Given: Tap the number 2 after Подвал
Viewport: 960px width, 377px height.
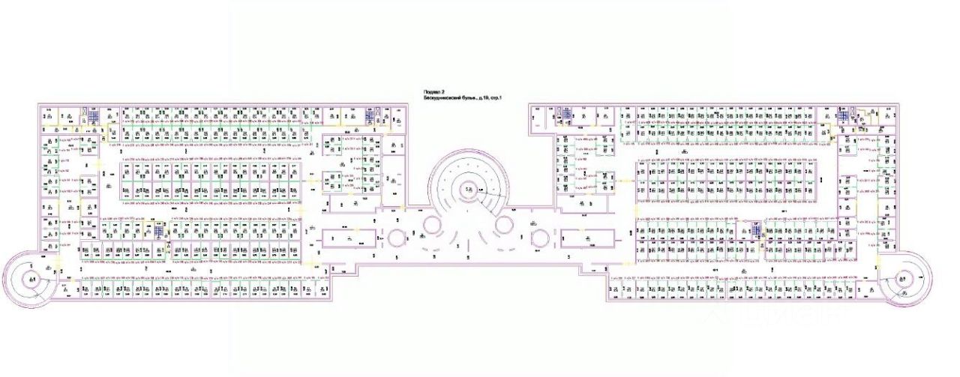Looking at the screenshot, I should point(443,91).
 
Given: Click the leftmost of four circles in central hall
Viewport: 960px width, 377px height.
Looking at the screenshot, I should point(394,238).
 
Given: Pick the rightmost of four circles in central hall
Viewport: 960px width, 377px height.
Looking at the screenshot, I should point(538,238).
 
